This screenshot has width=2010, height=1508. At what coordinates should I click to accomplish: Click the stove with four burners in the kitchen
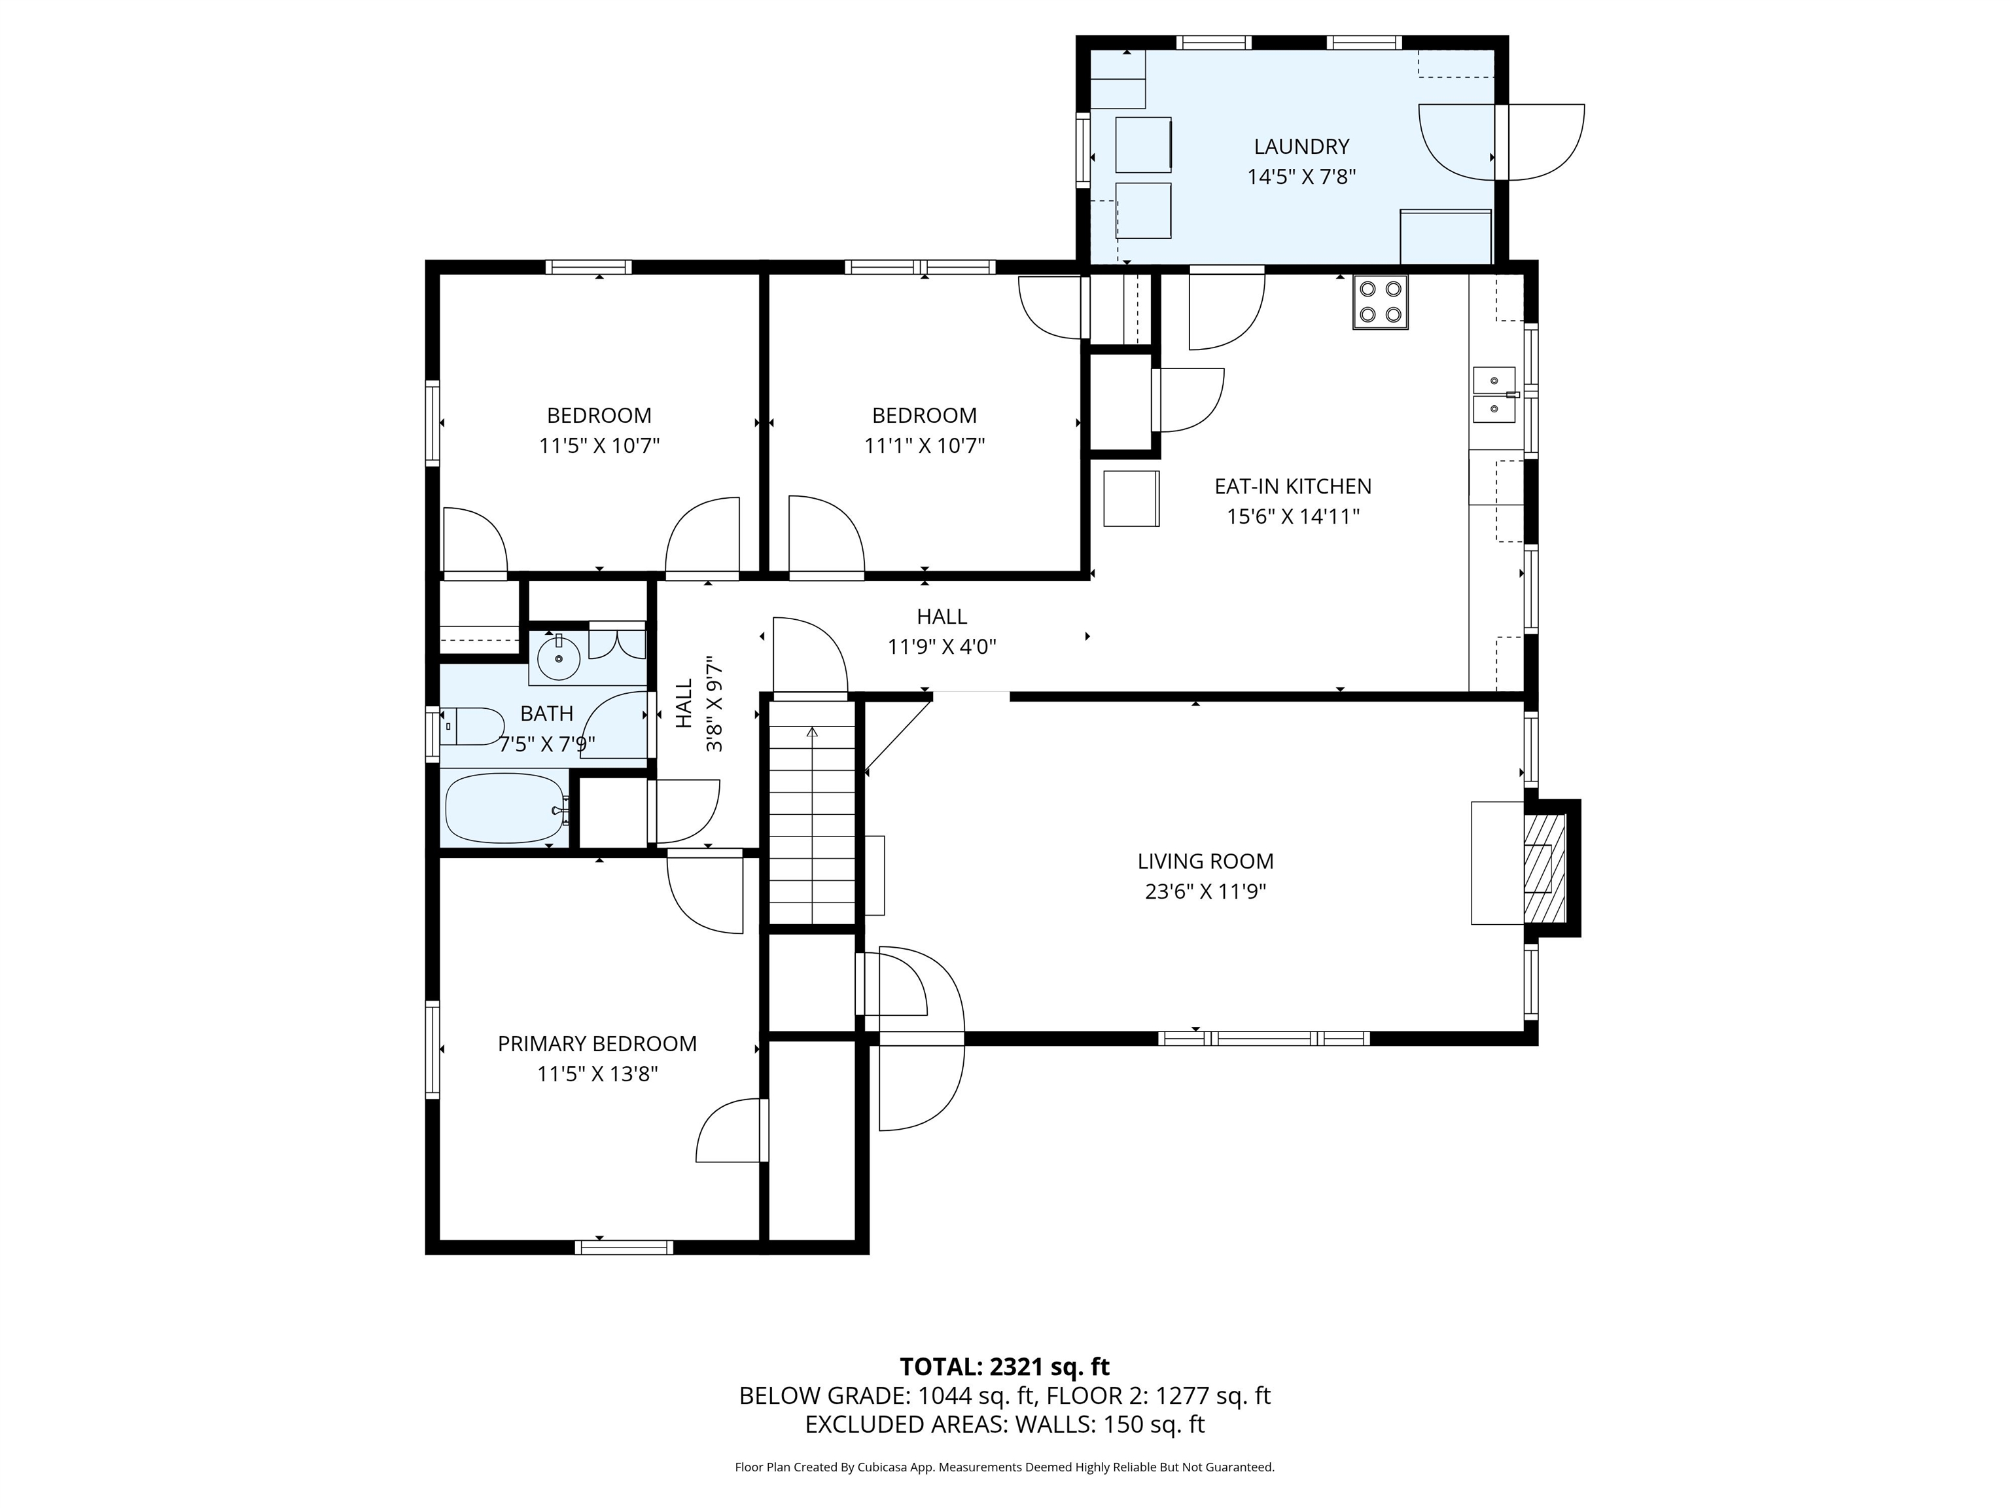coord(1379,302)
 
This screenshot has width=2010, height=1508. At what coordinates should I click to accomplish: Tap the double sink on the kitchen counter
coord(1494,395)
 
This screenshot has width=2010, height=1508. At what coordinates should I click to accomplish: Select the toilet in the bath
coord(472,727)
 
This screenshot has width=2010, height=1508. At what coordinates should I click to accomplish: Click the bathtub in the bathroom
coord(504,808)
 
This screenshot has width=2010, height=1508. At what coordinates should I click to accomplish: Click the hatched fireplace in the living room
coord(1545,868)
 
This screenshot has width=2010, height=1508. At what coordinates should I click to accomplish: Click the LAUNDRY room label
coord(1301,147)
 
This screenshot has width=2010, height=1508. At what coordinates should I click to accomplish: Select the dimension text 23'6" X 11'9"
coord(1205,891)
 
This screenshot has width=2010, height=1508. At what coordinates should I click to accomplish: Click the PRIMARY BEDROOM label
coord(597,1043)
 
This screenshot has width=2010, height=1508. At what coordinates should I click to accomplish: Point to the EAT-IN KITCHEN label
coord(1292,486)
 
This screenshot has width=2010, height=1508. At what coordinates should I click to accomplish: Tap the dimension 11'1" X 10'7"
coord(924,446)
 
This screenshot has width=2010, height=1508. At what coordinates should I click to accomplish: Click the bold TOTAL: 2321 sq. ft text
coord(1004,1366)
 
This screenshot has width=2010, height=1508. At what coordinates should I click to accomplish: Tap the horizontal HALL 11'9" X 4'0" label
coord(942,631)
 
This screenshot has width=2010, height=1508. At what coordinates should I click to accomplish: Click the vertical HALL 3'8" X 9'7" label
coord(699,704)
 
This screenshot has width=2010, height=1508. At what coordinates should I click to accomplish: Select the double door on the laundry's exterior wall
coord(1501,143)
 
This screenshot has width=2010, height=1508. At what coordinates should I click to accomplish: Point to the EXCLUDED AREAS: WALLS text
coord(1004,1424)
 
